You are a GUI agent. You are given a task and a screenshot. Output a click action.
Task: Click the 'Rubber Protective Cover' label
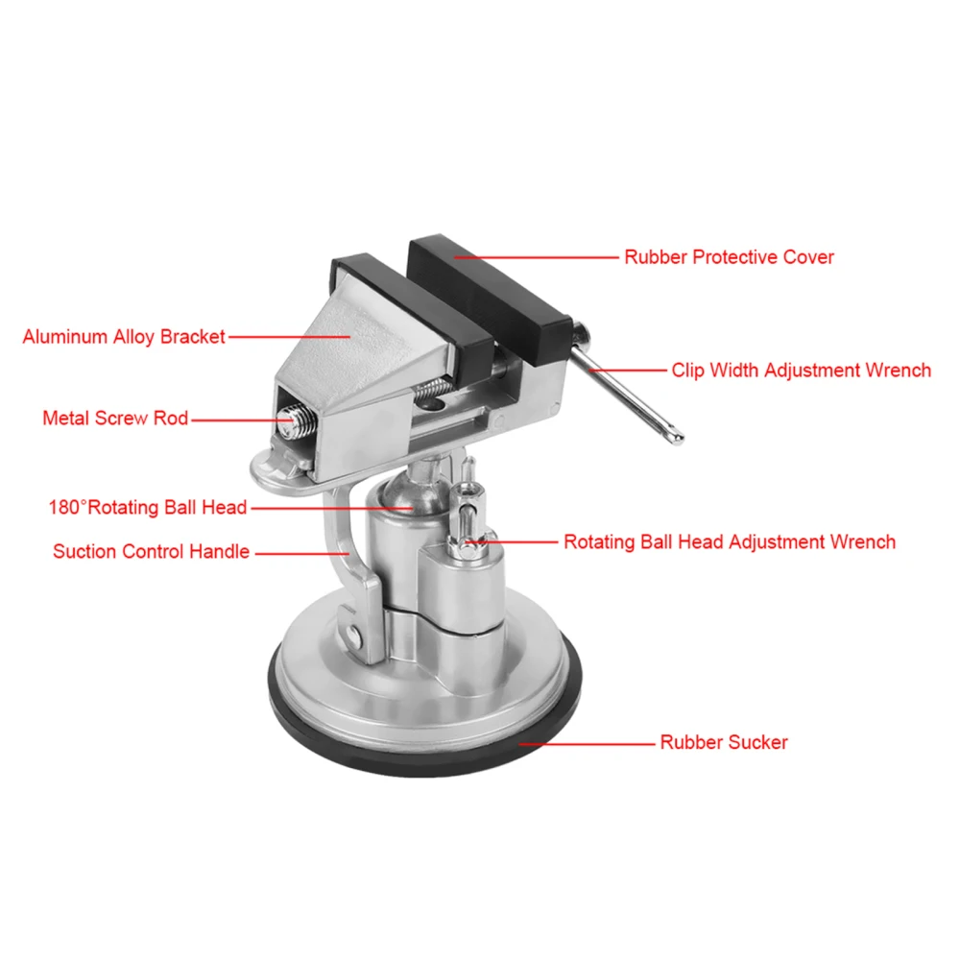click(x=729, y=257)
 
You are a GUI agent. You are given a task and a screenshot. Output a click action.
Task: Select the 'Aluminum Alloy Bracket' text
click(x=124, y=337)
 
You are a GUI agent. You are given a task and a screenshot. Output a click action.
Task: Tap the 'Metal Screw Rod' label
click(x=115, y=419)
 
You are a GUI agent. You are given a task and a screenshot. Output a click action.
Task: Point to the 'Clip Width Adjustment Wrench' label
click(x=801, y=370)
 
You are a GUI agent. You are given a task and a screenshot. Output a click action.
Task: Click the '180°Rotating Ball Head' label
click(x=148, y=507)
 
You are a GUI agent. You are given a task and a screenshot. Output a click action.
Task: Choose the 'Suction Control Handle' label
click(x=151, y=551)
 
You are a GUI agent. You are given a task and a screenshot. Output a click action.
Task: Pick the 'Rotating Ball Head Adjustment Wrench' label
click(x=729, y=541)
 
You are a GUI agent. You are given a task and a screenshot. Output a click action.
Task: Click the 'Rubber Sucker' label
click(x=723, y=742)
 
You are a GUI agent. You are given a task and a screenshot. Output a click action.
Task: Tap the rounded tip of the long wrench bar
click(x=677, y=439)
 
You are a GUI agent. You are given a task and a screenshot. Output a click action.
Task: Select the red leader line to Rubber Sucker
click(x=586, y=742)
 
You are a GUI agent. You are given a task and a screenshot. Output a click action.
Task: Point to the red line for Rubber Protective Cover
click(x=538, y=257)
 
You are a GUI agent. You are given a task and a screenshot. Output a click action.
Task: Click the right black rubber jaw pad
click(x=490, y=298)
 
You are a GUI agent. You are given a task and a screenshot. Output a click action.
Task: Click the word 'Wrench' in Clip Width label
click(x=897, y=370)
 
